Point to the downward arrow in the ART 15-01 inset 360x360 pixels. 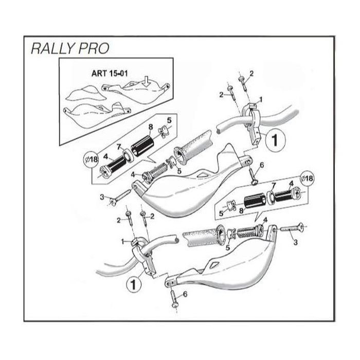146,81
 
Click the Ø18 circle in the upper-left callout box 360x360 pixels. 92,159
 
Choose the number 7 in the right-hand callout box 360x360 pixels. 274,185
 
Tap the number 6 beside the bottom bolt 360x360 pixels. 185,294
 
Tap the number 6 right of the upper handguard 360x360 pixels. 261,165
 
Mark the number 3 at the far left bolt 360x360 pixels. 102,196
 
